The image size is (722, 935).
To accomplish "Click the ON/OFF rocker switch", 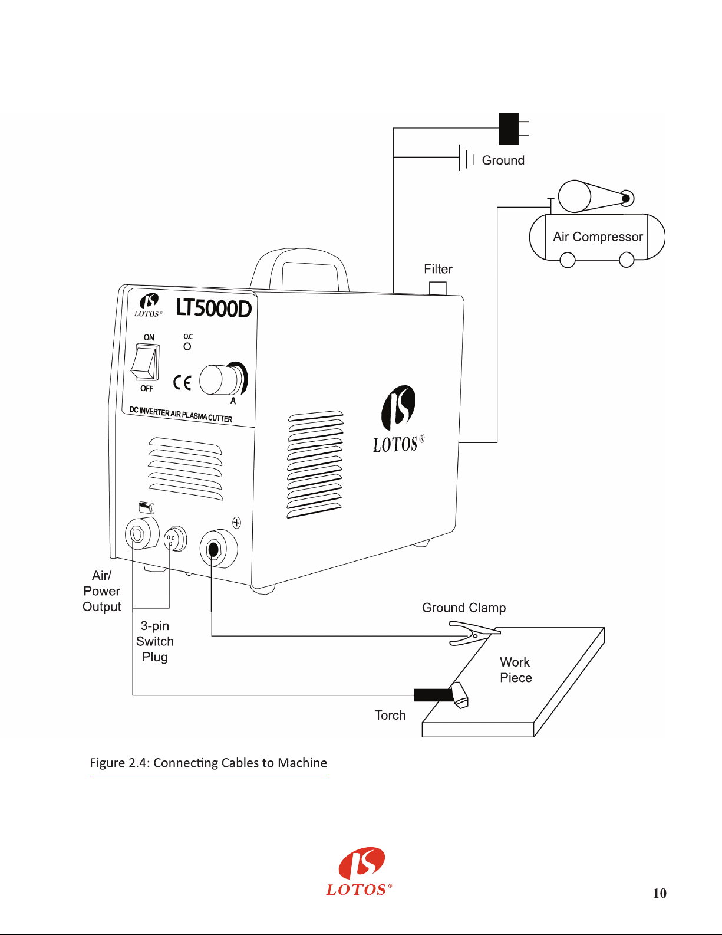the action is (x=145, y=362).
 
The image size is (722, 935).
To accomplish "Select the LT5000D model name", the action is (x=213, y=309).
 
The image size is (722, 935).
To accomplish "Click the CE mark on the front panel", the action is (x=182, y=382).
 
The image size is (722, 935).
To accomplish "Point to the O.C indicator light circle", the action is (x=187, y=346).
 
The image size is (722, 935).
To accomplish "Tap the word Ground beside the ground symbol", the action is (x=503, y=160).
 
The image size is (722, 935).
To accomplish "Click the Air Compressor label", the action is (x=598, y=237).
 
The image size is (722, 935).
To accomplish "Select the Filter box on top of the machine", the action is (x=438, y=288).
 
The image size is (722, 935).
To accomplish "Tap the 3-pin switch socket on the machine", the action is (x=176, y=538).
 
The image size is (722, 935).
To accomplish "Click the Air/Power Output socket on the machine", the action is (x=142, y=533).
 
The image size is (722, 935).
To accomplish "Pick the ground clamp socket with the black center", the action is (x=219, y=549).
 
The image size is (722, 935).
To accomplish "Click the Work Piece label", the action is (x=516, y=670).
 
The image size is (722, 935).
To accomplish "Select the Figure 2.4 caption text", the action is (x=209, y=763).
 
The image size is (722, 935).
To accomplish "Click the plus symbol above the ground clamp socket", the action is (x=237, y=523).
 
